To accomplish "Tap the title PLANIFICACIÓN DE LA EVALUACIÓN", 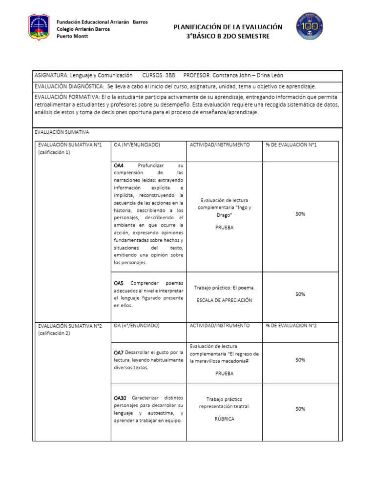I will coord(228,27).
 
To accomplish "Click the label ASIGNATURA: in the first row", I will coord(51,75).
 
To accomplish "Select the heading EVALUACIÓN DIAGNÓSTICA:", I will coord(69,86).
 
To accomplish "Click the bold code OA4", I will coord(119,166).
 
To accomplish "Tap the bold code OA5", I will coord(119,283).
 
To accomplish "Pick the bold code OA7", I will coord(119,352).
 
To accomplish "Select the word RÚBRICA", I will coord(224,419).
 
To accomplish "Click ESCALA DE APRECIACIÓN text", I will coord(224,300).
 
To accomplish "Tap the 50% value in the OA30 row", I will coord(300,409).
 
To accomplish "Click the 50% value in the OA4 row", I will coord(300,214).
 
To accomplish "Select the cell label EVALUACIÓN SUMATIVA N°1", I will coord(70,145).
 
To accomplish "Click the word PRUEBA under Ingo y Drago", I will coord(224,228).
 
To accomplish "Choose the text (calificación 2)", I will coord(54,333).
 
